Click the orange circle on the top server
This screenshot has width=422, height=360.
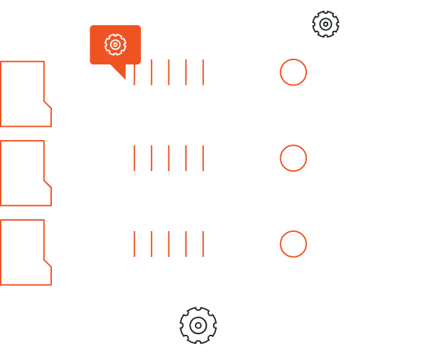[293, 72]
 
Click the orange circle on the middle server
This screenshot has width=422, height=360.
[293, 158]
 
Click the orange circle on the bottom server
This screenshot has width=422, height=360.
[293, 244]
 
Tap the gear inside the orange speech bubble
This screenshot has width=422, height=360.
[114, 44]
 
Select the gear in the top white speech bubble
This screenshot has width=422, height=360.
[325, 24]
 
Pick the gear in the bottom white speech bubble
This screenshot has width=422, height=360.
[198, 325]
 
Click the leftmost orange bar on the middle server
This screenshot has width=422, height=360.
[134, 158]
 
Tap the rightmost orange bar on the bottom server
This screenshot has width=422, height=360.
[203, 244]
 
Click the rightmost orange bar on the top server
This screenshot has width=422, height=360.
[203, 72]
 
